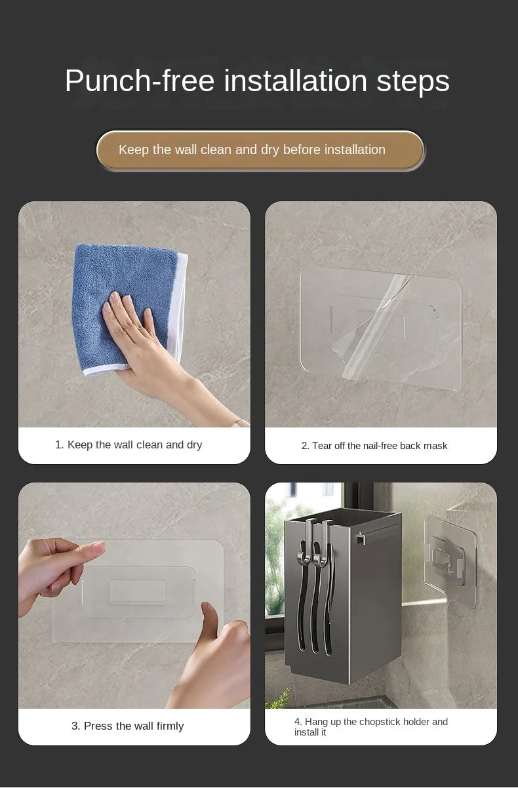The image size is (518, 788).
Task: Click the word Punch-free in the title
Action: pos(140,81)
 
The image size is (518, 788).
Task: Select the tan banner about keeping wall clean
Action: pos(260,150)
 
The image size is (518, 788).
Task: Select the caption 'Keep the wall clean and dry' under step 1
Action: pos(129,445)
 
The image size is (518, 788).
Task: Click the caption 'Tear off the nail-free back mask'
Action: pos(374,446)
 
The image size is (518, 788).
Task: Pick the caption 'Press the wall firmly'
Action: pos(127,726)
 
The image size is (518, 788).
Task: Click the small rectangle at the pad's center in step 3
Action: pos(137,593)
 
